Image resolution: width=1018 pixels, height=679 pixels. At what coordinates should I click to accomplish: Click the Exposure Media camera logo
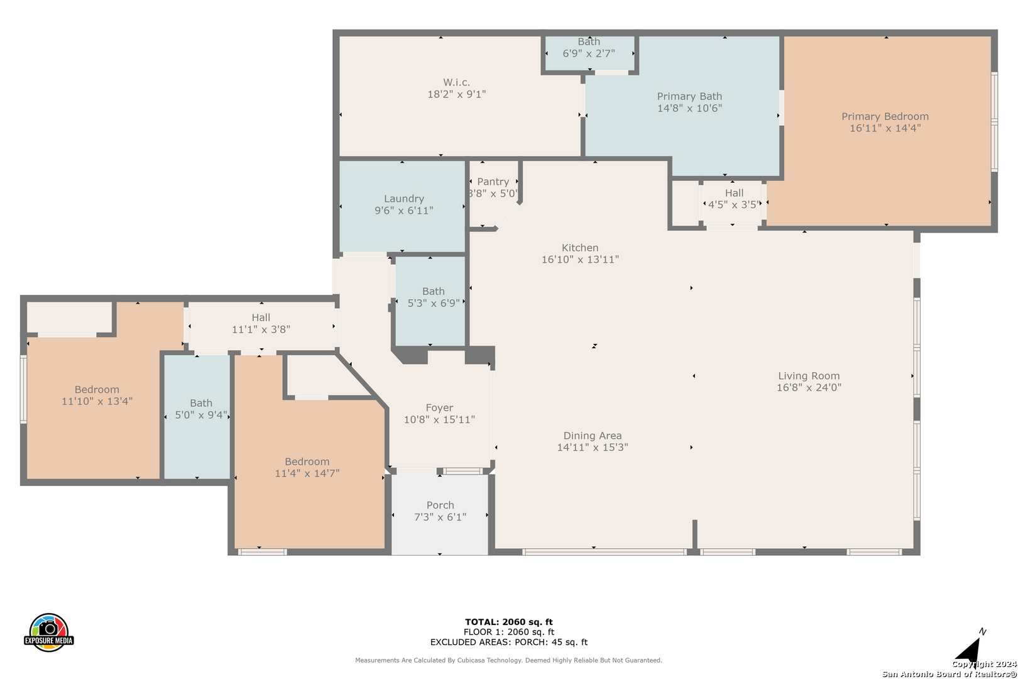coord(48,632)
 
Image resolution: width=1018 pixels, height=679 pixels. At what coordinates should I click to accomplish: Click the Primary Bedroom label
coord(885,116)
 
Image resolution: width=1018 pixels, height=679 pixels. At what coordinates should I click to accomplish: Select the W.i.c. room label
coord(456,82)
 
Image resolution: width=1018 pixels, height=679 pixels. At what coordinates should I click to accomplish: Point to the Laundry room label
coord(403,199)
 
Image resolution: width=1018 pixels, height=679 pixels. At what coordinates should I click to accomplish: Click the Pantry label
coord(493,182)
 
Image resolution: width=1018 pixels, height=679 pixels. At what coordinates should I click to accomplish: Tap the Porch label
coord(440,505)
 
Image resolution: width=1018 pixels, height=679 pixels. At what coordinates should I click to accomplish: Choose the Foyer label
coord(439,407)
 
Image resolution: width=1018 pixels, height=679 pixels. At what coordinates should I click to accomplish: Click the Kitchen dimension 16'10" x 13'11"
coord(580,259)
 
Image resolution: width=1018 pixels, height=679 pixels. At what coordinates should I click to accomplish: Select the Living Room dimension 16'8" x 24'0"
coord(809,387)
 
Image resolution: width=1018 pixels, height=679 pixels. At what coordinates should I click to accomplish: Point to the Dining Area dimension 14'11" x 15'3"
coord(593,447)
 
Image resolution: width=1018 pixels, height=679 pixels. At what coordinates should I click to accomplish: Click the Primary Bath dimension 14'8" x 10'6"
coord(689,108)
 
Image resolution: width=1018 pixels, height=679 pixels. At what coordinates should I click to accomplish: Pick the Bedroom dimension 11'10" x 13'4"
coord(97,401)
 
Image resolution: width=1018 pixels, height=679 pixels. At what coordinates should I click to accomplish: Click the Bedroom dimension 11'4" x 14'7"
coord(307,473)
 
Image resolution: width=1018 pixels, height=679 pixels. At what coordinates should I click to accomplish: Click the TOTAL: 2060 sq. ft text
coord(508,622)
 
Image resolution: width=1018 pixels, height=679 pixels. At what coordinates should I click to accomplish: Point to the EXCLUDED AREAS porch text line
coord(508,642)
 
